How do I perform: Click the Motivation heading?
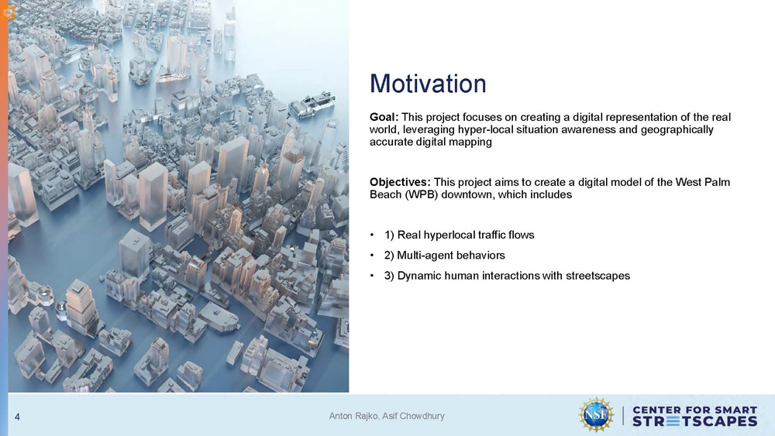(428, 84)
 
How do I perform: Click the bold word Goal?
(384, 118)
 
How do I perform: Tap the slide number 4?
(17, 417)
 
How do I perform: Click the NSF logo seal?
(596, 415)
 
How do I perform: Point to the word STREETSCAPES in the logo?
(694, 421)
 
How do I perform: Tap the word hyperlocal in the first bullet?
(448, 235)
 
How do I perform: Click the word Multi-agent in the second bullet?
(424, 256)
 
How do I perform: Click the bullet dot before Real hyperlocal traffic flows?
(372, 235)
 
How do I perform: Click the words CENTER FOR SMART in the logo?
(694, 410)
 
